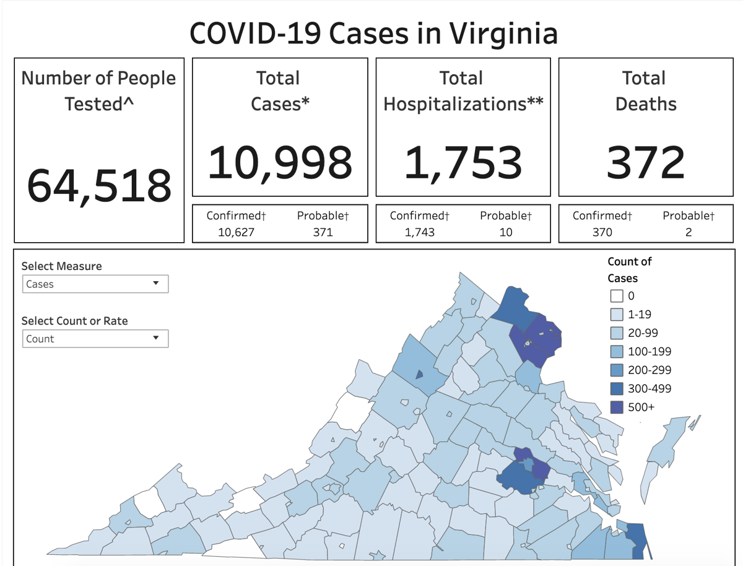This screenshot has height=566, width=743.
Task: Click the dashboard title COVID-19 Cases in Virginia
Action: (x=373, y=33)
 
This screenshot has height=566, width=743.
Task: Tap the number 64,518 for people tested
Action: (x=99, y=185)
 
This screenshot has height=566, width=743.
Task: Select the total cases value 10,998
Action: (x=280, y=162)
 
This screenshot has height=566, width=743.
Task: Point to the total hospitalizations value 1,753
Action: (x=463, y=162)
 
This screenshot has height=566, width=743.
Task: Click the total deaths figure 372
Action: (x=645, y=162)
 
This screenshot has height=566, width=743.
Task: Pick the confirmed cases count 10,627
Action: (x=236, y=232)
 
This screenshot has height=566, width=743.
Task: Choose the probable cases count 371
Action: (x=323, y=232)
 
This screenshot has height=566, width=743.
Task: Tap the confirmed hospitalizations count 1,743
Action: (x=419, y=232)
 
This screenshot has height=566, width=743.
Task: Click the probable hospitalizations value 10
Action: (x=505, y=232)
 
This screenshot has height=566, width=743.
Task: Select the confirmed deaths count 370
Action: (x=602, y=232)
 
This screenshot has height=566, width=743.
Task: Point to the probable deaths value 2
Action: (x=688, y=232)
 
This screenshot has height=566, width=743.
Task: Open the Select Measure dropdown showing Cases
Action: (x=95, y=284)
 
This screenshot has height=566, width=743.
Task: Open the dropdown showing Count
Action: (x=95, y=339)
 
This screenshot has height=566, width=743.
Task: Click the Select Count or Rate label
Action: (x=75, y=321)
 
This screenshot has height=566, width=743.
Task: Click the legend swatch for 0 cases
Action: (x=616, y=296)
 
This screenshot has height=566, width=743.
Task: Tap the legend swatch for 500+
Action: (x=616, y=407)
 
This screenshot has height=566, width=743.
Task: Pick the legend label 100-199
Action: (x=650, y=352)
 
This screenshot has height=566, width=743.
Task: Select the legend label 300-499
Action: (x=650, y=389)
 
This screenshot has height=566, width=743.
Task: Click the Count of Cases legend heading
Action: (x=629, y=269)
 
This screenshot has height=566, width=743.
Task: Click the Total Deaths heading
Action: (x=645, y=90)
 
